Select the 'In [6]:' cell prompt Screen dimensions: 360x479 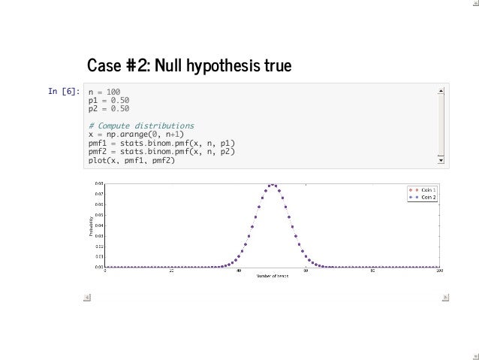click(65, 92)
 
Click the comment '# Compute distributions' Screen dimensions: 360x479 click(141, 125)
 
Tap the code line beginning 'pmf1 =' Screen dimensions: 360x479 click(161, 142)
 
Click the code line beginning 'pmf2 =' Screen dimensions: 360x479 click(161, 150)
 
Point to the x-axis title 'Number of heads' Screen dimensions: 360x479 click(273, 277)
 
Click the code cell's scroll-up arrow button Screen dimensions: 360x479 click(441, 90)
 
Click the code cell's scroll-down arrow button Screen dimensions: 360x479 click(441, 159)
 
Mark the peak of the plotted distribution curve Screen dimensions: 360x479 click(273, 185)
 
